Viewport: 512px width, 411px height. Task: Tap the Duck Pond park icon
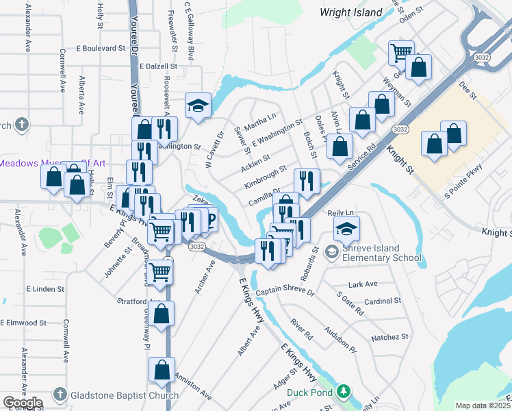point(344,393)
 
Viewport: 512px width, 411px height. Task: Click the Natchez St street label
point(389,337)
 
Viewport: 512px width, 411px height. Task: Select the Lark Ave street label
point(363,284)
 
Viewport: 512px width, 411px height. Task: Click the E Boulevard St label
point(101,49)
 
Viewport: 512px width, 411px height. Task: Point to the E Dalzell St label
point(157,67)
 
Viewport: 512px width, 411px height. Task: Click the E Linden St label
point(44,289)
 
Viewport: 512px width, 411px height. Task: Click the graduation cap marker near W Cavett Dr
point(198,105)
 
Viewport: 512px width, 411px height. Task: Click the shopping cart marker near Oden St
point(400,51)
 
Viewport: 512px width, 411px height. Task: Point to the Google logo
point(23,403)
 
